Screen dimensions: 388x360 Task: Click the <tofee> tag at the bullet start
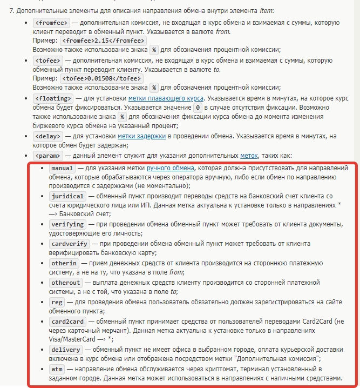pos(47,60)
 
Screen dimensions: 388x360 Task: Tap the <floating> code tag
pos(52,98)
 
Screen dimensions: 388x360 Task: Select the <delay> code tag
pos(47,136)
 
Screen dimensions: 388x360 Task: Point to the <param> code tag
pos(47,156)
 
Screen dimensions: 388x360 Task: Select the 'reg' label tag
pos(56,302)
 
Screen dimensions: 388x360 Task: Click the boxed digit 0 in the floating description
pos(198,108)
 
